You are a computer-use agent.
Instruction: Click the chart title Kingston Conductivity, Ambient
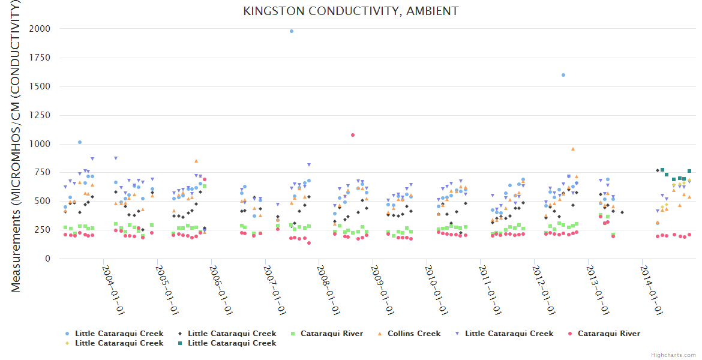point(351,11)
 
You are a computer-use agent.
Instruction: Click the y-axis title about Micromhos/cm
point(16,146)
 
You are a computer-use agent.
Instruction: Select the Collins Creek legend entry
point(413,334)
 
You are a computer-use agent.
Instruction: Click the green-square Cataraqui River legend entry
point(331,334)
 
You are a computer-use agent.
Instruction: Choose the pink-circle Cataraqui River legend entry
point(608,334)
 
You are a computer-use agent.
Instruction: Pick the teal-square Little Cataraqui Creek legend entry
point(232,343)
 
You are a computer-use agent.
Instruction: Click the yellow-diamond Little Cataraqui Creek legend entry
point(119,343)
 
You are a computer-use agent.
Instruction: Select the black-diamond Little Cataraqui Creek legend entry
point(232,334)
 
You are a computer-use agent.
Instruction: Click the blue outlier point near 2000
point(292,31)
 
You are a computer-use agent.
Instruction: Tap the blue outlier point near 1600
point(563,75)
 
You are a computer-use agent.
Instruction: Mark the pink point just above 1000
point(353,135)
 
